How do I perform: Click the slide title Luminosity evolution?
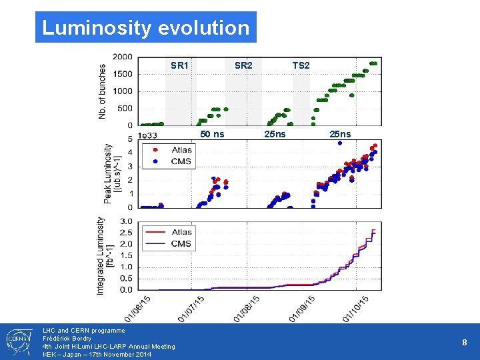(x=145, y=28)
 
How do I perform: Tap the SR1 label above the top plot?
(x=179, y=65)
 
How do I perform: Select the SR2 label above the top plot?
(x=243, y=65)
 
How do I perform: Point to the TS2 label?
(x=301, y=65)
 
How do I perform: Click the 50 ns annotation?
(x=213, y=134)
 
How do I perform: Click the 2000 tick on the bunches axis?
(x=122, y=57)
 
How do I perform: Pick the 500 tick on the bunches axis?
(x=125, y=109)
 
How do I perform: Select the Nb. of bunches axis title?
(x=102, y=91)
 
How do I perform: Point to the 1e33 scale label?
(x=148, y=135)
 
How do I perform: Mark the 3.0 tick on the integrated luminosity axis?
(x=126, y=221)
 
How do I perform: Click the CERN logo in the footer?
(x=17, y=342)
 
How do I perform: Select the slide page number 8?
(x=465, y=342)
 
